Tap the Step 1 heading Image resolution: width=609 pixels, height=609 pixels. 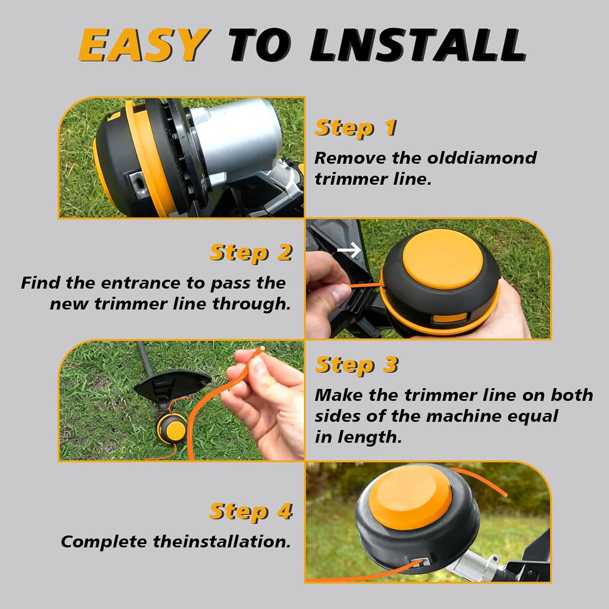click(x=356, y=128)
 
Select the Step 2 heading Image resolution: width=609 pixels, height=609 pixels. click(x=251, y=253)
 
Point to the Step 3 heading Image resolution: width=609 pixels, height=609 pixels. click(x=356, y=365)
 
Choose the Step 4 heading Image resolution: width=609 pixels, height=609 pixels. click(x=251, y=511)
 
